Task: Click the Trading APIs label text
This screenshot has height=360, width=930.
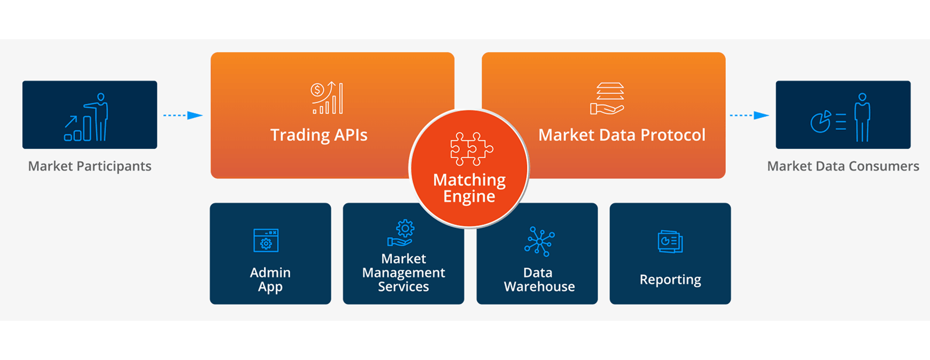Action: (319, 135)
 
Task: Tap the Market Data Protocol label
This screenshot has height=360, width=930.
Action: (621, 135)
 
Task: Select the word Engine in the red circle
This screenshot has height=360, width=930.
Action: (469, 197)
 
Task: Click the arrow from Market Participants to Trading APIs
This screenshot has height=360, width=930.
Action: (183, 115)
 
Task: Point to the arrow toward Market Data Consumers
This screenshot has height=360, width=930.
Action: (749, 115)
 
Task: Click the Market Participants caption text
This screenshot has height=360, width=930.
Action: (90, 166)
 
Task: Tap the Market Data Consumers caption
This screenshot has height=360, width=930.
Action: (843, 166)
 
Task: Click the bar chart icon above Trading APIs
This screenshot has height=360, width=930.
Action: (327, 98)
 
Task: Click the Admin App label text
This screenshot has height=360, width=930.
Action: (270, 279)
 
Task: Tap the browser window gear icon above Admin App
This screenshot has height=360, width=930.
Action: (266, 240)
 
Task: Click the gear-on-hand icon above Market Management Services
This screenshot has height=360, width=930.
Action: (402, 233)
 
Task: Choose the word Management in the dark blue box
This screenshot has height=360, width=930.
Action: (403, 273)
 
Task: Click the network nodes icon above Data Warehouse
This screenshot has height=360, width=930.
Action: (539, 241)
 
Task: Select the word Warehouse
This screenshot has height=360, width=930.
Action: (539, 286)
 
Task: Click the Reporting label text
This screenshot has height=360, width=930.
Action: (670, 280)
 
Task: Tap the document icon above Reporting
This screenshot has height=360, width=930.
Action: (670, 241)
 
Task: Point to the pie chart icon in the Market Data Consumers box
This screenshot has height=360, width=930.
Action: (821, 122)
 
